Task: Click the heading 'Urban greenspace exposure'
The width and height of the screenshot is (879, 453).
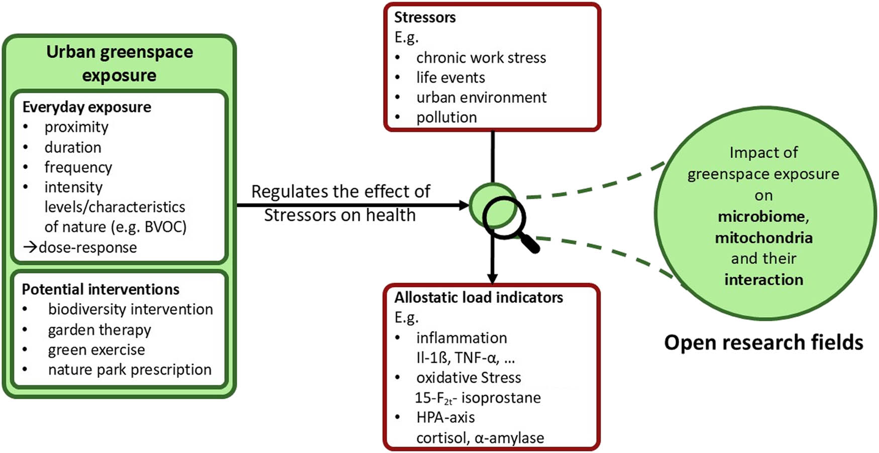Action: (x=120, y=63)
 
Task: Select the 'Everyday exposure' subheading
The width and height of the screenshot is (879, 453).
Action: (x=86, y=107)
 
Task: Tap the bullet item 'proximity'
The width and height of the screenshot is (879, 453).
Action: (x=76, y=127)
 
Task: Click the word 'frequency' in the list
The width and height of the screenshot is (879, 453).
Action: (x=78, y=167)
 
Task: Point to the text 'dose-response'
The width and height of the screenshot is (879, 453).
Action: (x=87, y=248)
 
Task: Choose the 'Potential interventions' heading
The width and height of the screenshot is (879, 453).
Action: (x=100, y=289)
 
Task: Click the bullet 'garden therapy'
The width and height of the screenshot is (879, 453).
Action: (x=99, y=330)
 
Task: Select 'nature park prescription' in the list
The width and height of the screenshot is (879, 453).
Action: (x=130, y=370)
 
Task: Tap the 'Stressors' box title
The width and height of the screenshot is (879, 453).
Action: (x=424, y=18)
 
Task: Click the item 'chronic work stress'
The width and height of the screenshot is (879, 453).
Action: (x=481, y=58)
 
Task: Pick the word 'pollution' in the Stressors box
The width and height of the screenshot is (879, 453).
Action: (x=447, y=118)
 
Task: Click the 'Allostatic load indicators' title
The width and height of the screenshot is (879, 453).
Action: (x=478, y=297)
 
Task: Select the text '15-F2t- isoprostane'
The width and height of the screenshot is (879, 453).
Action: (x=478, y=398)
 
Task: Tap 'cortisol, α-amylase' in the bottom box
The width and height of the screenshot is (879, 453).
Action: (x=480, y=438)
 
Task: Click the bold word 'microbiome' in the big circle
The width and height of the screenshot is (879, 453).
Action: (x=762, y=216)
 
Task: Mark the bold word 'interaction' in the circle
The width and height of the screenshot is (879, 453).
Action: (x=763, y=280)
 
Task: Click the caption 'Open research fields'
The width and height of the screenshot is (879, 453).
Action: (x=763, y=343)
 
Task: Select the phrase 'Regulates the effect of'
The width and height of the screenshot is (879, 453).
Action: (x=341, y=192)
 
